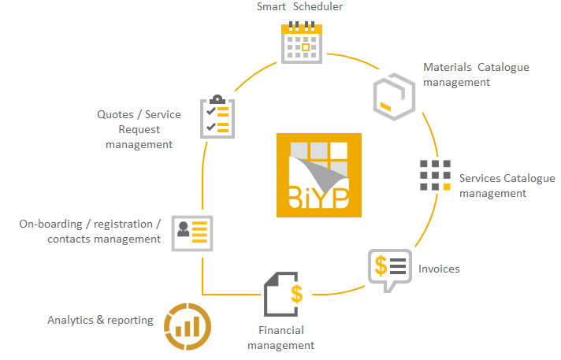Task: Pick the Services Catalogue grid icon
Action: pyautogui.click(x=435, y=175)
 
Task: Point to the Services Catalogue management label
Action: pyautogui.click(x=507, y=186)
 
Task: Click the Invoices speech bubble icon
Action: pyautogui.click(x=389, y=269)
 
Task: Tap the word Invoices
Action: pyautogui.click(x=439, y=269)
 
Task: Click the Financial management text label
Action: pyautogui.click(x=280, y=338)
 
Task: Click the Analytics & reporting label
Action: pyautogui.click(x=100, y=320)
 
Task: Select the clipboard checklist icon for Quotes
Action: pyautogui.click(x=217, y=117)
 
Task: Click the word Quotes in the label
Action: pyautogui.click(x=114, y=115)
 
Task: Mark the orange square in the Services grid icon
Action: pyautogui.click(x=446, y=187)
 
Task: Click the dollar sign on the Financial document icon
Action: pyautogui.click(x=296, y=294)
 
